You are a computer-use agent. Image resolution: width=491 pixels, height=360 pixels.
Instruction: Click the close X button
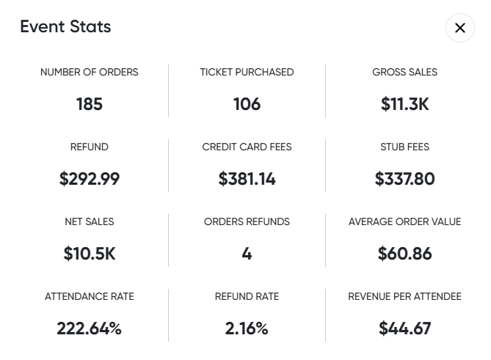pos(460,28)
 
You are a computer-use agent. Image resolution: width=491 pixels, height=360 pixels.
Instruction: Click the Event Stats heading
pos(65,27)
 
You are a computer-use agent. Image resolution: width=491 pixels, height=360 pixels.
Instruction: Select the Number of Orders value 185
pos(90,104)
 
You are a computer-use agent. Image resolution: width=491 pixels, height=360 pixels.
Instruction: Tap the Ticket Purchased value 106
pos(247,104)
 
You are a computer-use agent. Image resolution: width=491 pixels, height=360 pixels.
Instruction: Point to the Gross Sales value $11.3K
pos(404,104)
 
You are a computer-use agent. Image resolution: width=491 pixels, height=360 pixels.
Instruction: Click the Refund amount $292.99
pos(90,179)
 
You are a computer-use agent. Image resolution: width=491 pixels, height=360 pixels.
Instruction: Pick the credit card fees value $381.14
pos(247,179)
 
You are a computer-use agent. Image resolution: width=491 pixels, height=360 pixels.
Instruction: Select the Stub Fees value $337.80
pos(404,179)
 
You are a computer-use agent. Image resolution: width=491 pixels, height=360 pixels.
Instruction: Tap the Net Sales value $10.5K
pos(90,254)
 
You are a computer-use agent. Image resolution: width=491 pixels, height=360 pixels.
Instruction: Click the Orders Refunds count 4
pos(247,254)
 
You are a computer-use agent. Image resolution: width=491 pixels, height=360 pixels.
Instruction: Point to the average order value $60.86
pos(404,254)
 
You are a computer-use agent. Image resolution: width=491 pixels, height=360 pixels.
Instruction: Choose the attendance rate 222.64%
pos(90,328)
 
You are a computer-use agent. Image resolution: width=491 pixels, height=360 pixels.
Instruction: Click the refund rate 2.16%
pos(247,328)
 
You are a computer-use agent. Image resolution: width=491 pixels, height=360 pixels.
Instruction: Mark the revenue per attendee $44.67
pos(404,328)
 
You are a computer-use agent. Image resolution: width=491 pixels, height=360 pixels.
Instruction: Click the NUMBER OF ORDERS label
pos(90,72)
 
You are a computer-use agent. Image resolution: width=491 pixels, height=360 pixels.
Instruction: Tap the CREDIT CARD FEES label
pos(247,147)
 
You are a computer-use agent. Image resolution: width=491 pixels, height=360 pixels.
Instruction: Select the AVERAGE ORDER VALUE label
pos(404,221)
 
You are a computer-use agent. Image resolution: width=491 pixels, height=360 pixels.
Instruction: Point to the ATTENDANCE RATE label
pos(90,296)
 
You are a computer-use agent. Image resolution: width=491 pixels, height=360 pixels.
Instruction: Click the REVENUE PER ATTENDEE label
pos(404,296)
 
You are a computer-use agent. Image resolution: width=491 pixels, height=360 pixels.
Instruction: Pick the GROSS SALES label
pos(404,72)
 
